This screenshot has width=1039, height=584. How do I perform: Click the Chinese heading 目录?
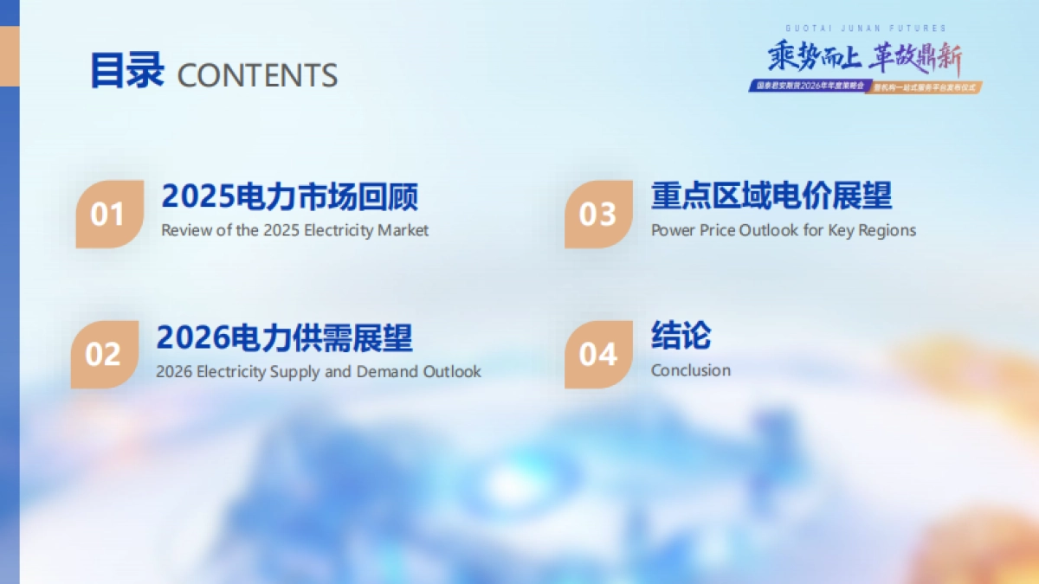coord(126,71)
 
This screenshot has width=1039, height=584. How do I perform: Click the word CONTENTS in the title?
coord(257,75)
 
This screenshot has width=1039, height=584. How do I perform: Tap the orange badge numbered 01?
coord(109,214)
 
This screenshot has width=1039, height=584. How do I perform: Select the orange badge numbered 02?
coord(104,354)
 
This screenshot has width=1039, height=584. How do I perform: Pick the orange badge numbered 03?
coord(598,214)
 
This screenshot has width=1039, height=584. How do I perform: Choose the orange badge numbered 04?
coord(598,354)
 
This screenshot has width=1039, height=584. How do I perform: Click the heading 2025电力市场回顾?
coord(290,196)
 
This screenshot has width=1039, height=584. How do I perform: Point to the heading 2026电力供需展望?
coord(285,337)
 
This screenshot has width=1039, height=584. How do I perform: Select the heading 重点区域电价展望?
coord(771,196)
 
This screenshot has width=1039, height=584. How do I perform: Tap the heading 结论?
coord(681,336)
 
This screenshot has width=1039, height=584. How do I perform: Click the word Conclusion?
coord(691,370)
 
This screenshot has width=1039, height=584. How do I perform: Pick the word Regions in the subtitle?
coord(887,230)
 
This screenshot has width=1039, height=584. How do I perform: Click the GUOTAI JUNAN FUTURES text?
coord(866,29)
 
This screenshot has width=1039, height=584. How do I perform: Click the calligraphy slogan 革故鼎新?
coord(915,58)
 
